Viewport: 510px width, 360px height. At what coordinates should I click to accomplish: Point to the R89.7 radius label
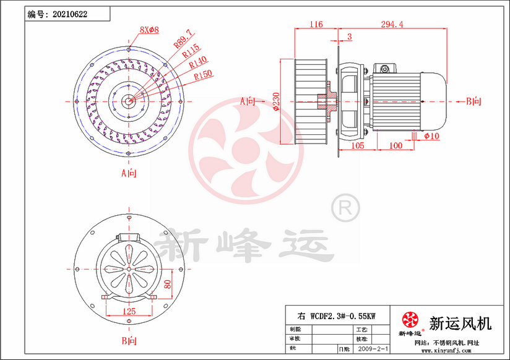pyautogui.click(x=184, y=38)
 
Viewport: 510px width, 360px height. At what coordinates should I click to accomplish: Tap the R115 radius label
pyautogui.click(x=191, y=51)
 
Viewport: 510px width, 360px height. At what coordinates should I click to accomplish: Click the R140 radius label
pyautogui.click(x=197, y=62)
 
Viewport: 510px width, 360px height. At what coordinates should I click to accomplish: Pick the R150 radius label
pyautogui.click(x=203, y=75)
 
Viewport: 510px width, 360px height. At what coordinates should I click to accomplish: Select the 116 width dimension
pyautogui.click(x=316, y=25)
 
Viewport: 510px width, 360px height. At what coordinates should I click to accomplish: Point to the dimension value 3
pyautogui.click(x=349, y=37)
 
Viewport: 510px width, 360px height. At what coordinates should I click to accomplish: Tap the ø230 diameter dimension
pyautogui.click(x=276, y=101)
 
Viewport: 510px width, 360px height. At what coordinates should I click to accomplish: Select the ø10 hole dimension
pyautogui.click(x=431, y=135)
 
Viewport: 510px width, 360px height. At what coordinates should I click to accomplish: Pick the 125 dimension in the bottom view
pyautogui.click(x=129, y=311)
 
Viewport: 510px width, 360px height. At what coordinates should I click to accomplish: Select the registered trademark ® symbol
pyautogui.click(x=345, y=208)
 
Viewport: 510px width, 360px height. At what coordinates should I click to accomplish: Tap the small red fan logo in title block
pyautogui.click(x=410, y=319)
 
